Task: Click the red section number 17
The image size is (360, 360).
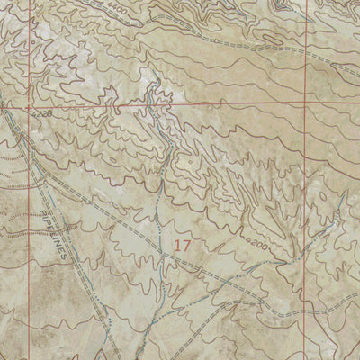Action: pyautogui.click(x=184, y=244)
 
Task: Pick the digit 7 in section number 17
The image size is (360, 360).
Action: pyautogui.click(x=188, y=244)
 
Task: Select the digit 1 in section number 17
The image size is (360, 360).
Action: pyautogui.click(x=179, y=244)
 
